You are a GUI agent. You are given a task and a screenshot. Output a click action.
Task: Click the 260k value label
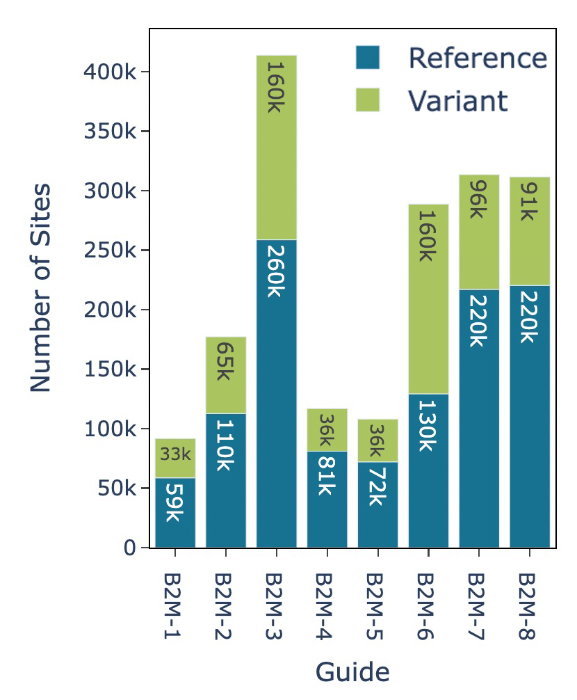pos(276,270)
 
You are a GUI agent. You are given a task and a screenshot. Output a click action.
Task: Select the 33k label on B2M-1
pos(174,454)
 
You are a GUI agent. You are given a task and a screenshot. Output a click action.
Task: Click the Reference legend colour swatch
pos(367,58)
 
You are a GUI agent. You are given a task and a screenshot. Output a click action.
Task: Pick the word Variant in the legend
pos(457,101)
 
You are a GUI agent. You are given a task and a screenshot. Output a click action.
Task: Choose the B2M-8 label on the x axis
pos(529,607)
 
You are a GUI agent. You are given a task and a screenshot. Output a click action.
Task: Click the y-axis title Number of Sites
pos(41,288)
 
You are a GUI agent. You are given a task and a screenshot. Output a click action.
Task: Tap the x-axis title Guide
pos(352,672)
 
